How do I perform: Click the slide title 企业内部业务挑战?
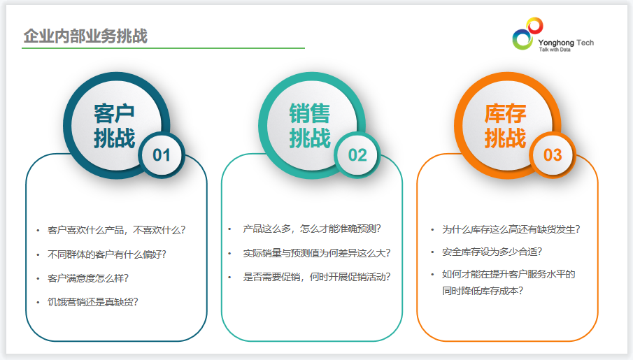point(85,36)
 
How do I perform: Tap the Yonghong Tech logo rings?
point(527,34)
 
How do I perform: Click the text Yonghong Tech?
point(566,43)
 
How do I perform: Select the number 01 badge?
point(162,155)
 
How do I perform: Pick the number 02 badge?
point(357,155)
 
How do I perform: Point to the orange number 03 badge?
point(553,155)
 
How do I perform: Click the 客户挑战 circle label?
point(114,126)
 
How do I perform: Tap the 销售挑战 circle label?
point(310,126)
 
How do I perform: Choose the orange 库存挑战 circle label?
point(505,126)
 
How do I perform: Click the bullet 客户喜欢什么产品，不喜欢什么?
point(116,230)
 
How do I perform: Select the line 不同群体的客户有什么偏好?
point(106,254)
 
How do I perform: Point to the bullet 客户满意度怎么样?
point(88,278)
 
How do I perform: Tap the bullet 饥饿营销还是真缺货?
point(93,302)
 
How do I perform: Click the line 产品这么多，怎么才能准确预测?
point(312,229)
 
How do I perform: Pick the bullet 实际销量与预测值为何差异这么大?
point(316,253)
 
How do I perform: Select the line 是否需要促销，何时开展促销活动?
point(316,277)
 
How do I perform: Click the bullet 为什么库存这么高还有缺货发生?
point(511,229)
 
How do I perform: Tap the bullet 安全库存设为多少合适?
point(492,252)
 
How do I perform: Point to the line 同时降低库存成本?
point(483,291)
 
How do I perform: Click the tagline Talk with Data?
point(555,50)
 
